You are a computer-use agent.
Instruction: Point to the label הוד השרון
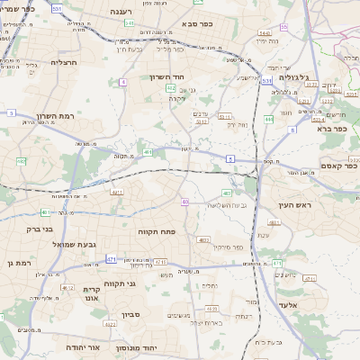tap(167, 77)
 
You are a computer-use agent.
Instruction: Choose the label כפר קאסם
tap(338, 166)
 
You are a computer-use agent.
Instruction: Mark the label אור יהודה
tap(83, 346)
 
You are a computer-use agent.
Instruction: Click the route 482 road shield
tap(21, 161)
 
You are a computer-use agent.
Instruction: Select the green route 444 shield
tap(268, 118)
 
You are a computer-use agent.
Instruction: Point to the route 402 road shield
tap(171, 89)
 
